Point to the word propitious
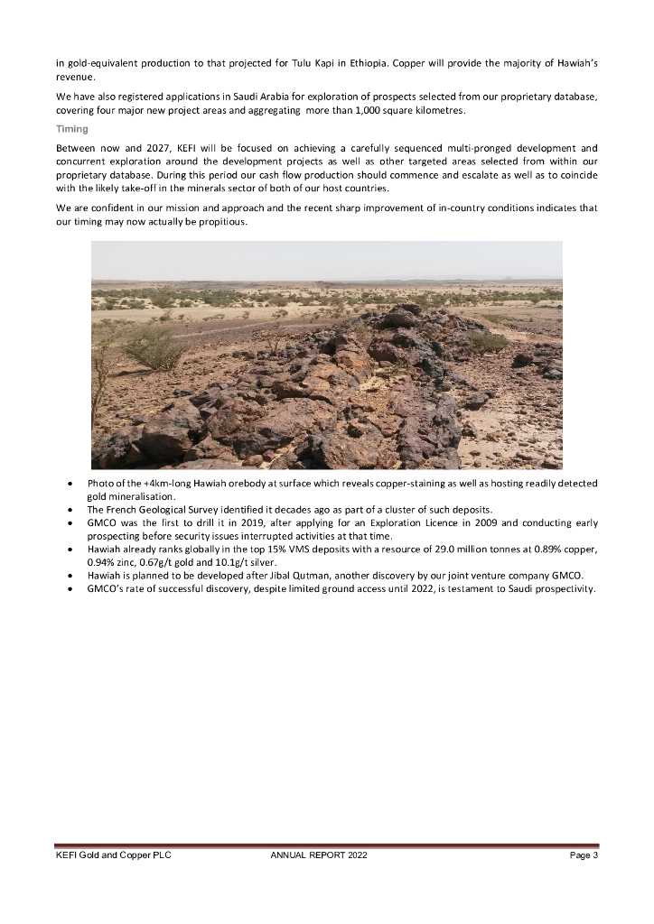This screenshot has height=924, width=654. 210,222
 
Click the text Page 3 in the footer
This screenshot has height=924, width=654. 584,855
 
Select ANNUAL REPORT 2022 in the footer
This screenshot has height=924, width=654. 319,855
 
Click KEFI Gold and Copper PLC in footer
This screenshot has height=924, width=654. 113,855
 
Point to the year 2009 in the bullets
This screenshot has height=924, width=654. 386,522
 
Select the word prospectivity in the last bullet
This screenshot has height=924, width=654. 564,588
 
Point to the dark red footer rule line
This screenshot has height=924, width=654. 326,845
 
